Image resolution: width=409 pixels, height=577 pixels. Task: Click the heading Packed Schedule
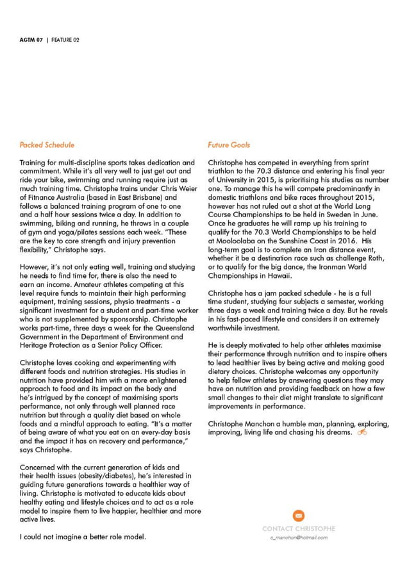pyautogui.click(x=47, y=145)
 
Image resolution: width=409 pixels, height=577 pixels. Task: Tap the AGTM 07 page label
pyautogui.click(x=31, y=40)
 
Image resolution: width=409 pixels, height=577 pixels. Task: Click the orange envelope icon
pyautogui.click(x=298, y=516)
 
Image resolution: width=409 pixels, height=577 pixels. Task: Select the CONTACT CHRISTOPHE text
pyautogui.click(x=298, y=529)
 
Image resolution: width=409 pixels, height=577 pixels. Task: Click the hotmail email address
pyautogui.click(x=298, y=538)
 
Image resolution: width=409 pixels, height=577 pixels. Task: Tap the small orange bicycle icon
pyautogui.click(x=362, y=432)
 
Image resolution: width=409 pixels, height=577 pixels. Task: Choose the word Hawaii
pyautogui.click(x=278, y=277)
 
